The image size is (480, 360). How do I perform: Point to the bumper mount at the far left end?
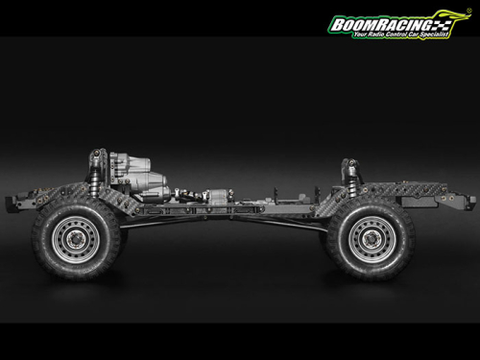[13, 203]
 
